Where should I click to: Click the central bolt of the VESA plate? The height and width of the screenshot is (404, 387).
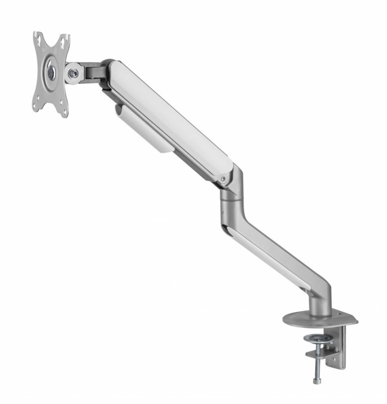pos(51,72)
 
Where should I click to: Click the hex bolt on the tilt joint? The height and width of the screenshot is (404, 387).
pos(73,73)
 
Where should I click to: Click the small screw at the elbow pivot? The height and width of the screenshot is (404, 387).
pos(223,178)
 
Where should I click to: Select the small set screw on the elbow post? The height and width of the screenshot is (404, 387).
pos(222,211)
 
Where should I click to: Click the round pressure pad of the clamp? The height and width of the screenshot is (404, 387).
pos(314,338)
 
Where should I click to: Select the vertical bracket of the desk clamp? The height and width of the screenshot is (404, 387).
pos(340,347)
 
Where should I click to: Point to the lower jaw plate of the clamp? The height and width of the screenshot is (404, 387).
pos(319,354)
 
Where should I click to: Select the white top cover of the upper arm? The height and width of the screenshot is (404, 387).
pos(170,113)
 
